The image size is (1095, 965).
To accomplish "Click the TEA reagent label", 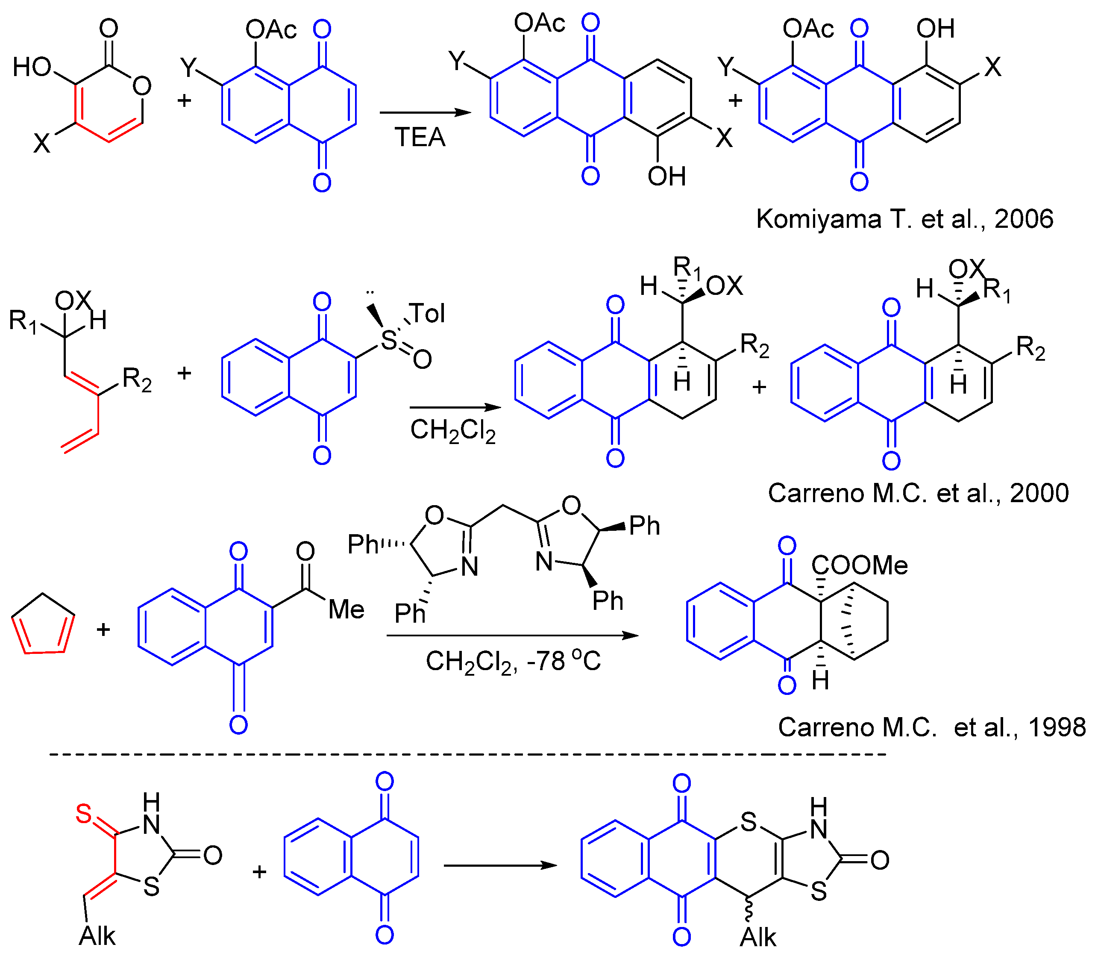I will click(420, 137).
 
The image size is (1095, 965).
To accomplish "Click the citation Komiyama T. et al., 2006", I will click(904, 219).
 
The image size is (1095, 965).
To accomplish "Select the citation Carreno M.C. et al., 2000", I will click(918, 493).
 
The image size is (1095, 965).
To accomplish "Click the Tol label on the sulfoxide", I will click(426, 313).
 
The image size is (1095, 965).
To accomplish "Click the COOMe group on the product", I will click(859, 565).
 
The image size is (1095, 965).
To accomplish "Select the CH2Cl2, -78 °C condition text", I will click(513, 662).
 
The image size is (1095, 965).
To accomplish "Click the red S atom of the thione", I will click(84, 814).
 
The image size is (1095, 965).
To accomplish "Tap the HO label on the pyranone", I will click(32, 68).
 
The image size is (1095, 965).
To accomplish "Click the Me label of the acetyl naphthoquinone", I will click(346, 609).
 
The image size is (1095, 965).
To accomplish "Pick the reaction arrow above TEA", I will click(425, 112).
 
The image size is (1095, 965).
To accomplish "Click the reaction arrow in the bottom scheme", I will click(500, 865).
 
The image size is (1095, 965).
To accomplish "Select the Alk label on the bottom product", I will click(757, 938).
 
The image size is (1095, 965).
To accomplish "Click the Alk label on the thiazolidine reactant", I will click(97, 936).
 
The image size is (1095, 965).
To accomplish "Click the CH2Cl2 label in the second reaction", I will click(453, 430).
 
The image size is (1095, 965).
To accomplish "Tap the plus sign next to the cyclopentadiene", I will click(103, 630).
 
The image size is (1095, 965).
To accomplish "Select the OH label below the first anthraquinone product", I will click(666, 176).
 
